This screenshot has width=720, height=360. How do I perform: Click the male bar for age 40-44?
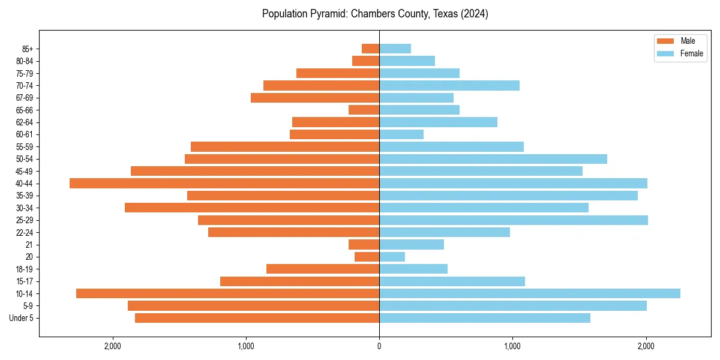point(224,183)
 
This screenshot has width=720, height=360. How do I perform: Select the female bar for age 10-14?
point(530,293)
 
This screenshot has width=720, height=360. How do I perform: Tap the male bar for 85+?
point(370,49)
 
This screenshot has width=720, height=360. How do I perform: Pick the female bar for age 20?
point(392,257)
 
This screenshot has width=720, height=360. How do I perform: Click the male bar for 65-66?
point(364,110)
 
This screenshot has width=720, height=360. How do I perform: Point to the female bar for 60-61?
point(401,134)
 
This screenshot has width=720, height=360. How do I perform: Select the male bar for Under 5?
point(257,318)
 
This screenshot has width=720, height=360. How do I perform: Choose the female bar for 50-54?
point(493,159)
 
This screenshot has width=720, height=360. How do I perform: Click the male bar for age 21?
point(364,244)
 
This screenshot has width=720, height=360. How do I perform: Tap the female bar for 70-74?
point(449,85)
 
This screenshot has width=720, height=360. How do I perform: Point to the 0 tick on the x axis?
point(379,346)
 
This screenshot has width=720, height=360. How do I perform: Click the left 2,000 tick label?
point(113,346)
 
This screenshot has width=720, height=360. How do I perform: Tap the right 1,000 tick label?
point(512,346)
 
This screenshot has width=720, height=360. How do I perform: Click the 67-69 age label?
point(25,98)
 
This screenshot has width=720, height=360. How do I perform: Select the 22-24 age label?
point(25,232)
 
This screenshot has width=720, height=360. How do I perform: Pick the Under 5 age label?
point(22,318)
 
